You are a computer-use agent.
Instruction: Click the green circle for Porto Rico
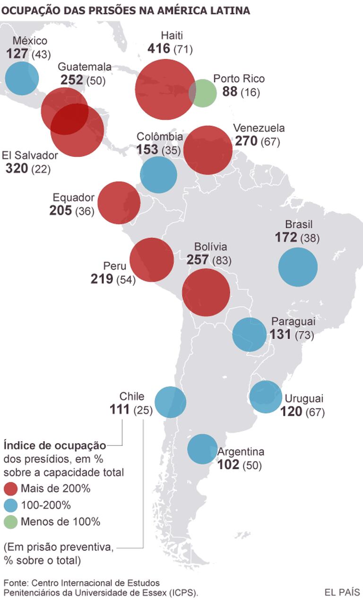[x=203, y=93]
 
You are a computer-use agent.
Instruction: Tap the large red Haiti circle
[x=165, y=89]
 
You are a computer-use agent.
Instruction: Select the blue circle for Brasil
[x=298, y=267]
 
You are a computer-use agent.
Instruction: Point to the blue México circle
[x=22, y=77]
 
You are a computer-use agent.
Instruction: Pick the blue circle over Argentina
[x=202, y=449]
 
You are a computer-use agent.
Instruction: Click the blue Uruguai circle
[x=266, y=397]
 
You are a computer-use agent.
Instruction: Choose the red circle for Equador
[x=119, y=203]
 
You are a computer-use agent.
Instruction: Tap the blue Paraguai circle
[x=249, y=334]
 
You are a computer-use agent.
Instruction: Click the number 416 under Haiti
[x=159, y=48]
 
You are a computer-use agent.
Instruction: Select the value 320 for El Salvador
[x=17, y=168]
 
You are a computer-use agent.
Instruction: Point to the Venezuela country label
[x=259, y=128]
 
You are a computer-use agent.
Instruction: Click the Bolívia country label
[x=211, y=247]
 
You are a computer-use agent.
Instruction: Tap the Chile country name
[x=132, y=396]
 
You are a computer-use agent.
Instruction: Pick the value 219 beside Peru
[x=102, y=279]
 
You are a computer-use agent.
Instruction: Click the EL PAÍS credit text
[x=342, y=592]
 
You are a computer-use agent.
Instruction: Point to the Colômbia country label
[x=160, y=137]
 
